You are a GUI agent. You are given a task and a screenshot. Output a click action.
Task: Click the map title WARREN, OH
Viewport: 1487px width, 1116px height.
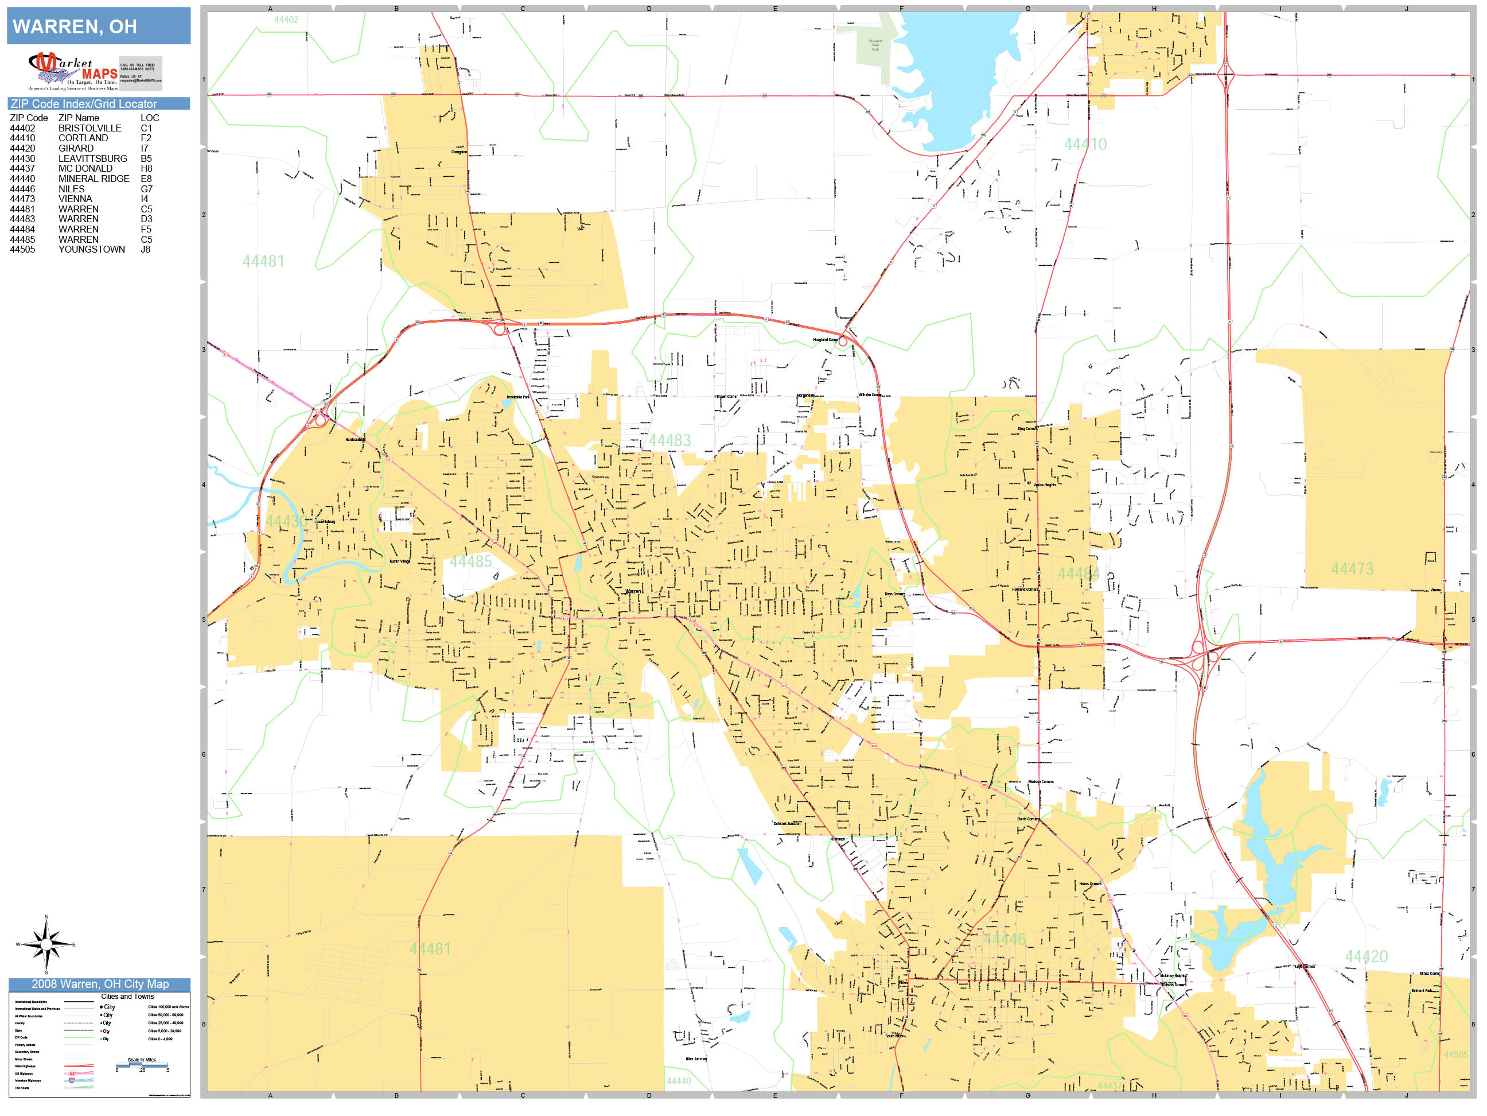(x=75, y=27)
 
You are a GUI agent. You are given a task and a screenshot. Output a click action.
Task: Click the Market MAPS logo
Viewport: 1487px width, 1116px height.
(x=73, y=71)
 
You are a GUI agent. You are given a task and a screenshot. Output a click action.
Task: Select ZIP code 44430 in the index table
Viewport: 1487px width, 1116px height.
(x=22, y=159)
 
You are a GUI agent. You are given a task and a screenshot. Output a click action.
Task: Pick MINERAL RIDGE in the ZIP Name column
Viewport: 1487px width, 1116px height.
(x=94, y=179)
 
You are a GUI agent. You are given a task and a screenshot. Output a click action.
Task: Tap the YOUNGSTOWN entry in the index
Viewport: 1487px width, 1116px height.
(x=91, y=250)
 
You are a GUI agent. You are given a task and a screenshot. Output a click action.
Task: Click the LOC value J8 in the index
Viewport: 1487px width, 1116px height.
(x=145, y=250)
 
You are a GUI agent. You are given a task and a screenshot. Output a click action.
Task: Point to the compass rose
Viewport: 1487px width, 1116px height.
(x=46, y=944)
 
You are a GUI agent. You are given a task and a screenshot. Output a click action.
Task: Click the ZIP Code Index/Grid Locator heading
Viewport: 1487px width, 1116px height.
(x=83, y=103)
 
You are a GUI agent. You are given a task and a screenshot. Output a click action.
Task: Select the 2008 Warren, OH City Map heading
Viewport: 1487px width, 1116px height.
(x=99, y=984)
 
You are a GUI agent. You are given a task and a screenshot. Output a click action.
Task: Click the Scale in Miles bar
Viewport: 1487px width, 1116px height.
(x=142, y=1065)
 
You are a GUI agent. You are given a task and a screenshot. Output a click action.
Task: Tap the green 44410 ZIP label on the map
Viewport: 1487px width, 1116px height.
(x=1085, y=144)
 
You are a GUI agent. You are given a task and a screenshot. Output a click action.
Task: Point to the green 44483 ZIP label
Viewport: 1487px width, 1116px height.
(x=669, y=441)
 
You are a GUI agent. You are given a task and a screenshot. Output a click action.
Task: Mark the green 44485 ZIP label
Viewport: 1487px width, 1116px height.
(x=470, y=561)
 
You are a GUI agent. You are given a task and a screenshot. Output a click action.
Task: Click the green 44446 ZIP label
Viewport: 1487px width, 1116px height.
(x=1005, y=939)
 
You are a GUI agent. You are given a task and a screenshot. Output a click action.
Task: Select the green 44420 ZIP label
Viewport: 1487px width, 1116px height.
(x=1365, y=956)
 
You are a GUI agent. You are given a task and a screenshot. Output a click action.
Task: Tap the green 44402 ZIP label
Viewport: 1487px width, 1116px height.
(x=286, y=20)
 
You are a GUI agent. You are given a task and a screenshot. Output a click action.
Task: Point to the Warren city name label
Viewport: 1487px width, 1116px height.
(x=633, y=591)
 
